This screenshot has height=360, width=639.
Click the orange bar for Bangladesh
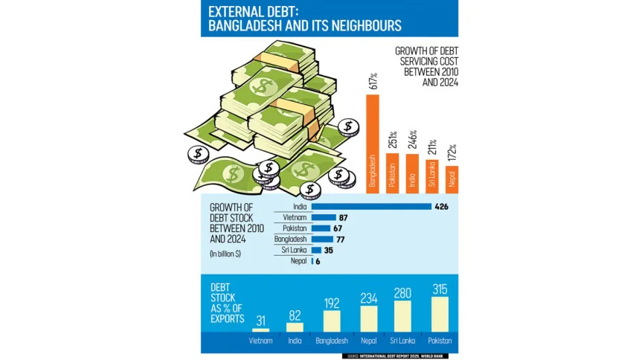pyautogui.click(x=373, y=145)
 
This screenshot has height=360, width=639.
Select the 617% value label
pyautogui.click(x=373, y=81)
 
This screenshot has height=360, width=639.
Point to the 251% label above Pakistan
pyautogui.click(x=393, y=139)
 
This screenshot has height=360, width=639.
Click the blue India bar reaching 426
pyautogui.click(x=372, y=206)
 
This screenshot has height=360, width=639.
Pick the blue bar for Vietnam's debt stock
pyautogui.click(x=324, y=217)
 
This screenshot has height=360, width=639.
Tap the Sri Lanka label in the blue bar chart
pyautogui.click(x=295, y=251)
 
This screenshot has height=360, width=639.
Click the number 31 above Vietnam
pyautogui.click(x=260, y=321)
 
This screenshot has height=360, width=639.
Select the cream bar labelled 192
pyautogui.click(x=331, y=321)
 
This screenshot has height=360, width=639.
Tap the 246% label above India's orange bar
pyautogui.click(x=413, y=140)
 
